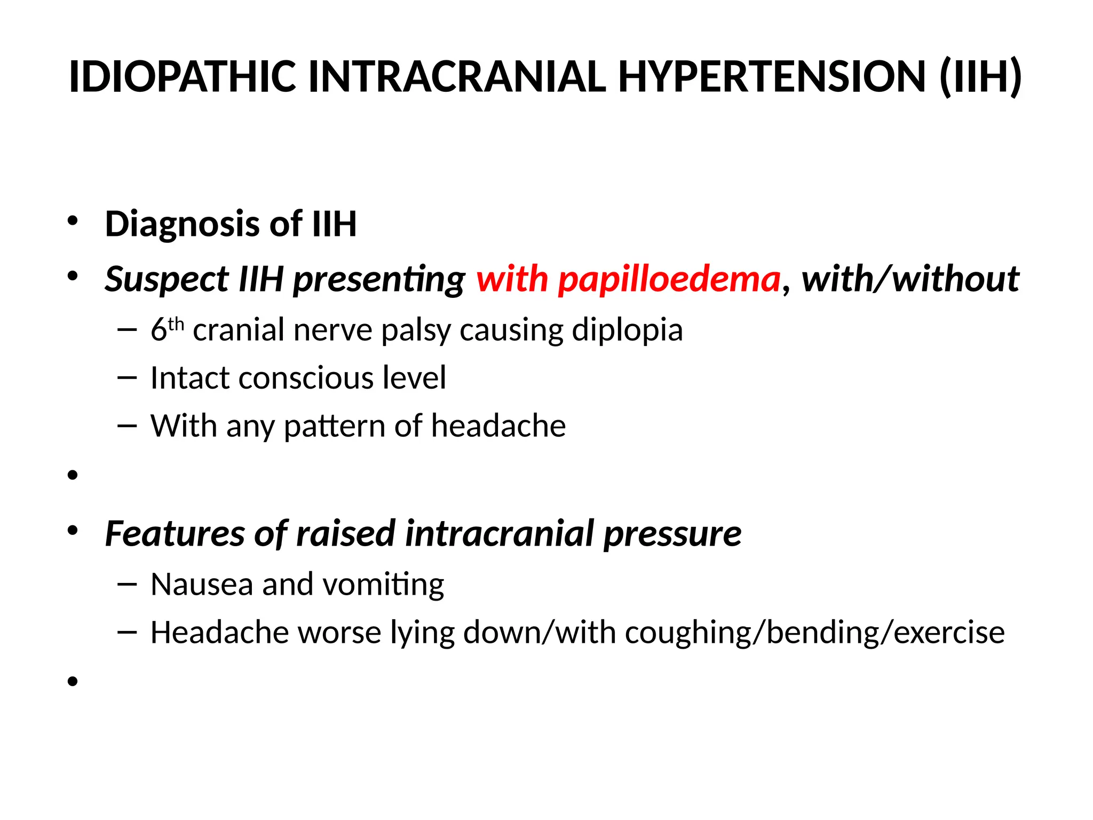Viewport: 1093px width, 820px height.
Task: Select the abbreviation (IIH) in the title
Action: coord(980,77)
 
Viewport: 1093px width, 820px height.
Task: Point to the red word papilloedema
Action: coord(669,280)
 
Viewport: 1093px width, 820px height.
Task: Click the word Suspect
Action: coord(167,280)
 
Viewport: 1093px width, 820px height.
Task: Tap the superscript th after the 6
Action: coord(176,324)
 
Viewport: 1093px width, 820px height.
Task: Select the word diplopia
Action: coord(627,330)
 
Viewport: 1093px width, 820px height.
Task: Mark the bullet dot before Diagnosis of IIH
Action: coord(73,221)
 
